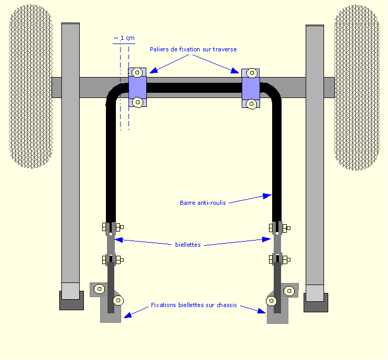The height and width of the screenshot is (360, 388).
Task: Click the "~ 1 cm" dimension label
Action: coord(124,38)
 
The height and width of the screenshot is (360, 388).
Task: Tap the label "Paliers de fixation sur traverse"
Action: coord(193,49)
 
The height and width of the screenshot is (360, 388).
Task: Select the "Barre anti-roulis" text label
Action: coord(203,203)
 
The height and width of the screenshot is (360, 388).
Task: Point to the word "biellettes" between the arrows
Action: coord(188,245)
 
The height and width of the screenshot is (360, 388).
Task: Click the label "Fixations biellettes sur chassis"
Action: coord(194,305)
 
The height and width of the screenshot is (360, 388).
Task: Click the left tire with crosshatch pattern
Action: coord(31,86)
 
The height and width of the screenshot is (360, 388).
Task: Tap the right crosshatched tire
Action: coord(357,88)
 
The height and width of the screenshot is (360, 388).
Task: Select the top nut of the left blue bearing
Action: coord(137,73)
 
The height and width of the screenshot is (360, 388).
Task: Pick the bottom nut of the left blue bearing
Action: coord(137,102)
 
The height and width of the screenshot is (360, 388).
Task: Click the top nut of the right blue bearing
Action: coord(252,73)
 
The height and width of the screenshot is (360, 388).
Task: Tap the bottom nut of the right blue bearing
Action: coord(251,104)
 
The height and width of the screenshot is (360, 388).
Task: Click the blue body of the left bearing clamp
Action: coord(137,88)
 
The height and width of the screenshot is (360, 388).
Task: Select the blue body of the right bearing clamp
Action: coord(251,89)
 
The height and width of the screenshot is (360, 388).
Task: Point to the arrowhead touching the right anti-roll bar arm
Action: coord(267,196)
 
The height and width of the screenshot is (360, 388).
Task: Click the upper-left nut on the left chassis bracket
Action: coord(100,289)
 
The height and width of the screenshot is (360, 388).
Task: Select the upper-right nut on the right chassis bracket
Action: coord(289,291)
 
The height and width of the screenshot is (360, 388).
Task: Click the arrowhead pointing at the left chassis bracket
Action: coord(127,315)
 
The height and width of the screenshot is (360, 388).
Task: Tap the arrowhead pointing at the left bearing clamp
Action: coord(154,70)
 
